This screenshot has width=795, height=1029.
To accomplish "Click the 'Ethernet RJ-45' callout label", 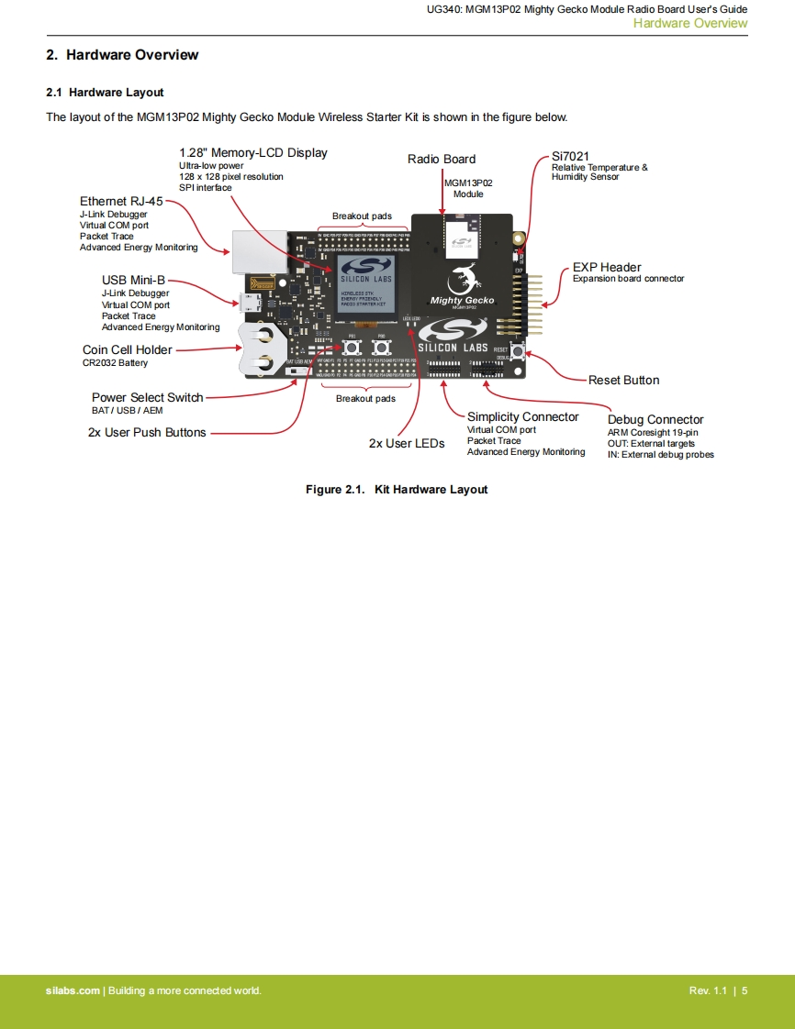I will (120, 202).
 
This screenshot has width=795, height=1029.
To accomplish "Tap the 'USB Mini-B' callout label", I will (133, 280).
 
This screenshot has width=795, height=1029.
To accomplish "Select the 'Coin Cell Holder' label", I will (128, 349).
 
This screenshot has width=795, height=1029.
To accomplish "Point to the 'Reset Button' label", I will (623, 380).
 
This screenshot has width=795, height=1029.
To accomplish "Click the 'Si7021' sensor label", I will (570, 156).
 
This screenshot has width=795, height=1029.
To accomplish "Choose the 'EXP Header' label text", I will (607, 268).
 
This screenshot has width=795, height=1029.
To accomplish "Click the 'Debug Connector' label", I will (655, 420).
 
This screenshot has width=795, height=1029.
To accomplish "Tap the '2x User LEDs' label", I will (407, 444).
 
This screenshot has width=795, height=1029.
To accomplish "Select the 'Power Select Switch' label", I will (147, 397).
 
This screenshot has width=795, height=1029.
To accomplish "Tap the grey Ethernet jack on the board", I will (248, 249).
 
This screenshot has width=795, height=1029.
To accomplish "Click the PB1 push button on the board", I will (352, 348).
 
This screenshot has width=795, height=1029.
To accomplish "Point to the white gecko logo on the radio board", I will (463, 276).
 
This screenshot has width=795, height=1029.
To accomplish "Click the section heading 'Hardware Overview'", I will (122, 55).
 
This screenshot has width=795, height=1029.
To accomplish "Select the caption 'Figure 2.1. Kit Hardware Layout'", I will (397, 490).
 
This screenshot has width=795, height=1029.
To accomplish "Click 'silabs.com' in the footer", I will (73, 990).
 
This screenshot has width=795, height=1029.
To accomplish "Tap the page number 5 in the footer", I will (745, 990).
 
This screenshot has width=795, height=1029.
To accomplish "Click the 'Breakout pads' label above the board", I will (362, 216).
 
